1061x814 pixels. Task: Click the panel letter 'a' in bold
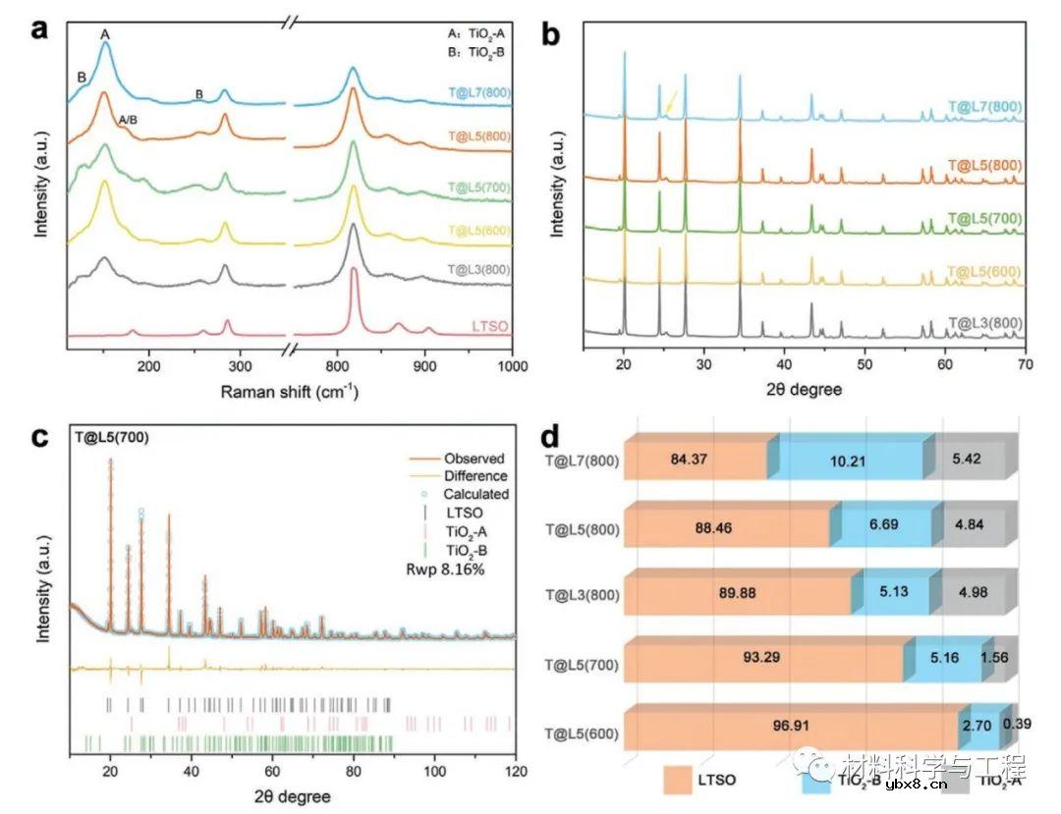pyautogui.click(x=40, y=28)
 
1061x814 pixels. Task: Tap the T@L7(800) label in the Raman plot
pyautogui.click(x=475, y=93)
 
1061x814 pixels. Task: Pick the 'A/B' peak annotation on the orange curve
pyautogui.click(x=128, y=120)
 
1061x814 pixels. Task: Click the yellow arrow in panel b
pyautogui.click(x=671, y=102)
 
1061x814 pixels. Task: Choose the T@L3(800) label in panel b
pyautogui.click(x=985, y=322)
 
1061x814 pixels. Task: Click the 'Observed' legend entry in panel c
pyautogui.click(x=474, y=459)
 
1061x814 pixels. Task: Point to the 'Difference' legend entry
pyautogui.click(x=475, y=476)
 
